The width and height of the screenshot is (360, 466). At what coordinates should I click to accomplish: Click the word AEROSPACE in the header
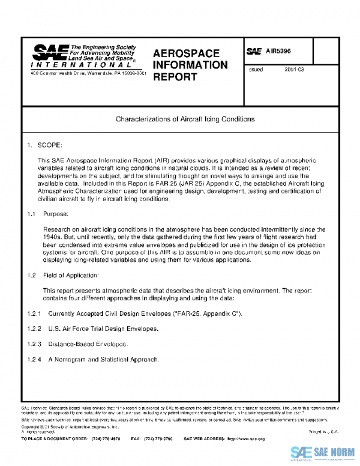coord(186,53)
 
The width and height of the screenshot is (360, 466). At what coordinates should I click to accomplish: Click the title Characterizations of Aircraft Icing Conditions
coord(185,119)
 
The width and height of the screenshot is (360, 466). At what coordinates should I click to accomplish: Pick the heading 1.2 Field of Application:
coord(66,275)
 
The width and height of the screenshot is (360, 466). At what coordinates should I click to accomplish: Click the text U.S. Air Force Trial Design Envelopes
coord(103,329)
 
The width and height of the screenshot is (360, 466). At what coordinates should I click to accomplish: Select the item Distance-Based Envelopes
coord(88,344)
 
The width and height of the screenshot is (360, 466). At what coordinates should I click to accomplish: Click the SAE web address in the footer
coord(242,439)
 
